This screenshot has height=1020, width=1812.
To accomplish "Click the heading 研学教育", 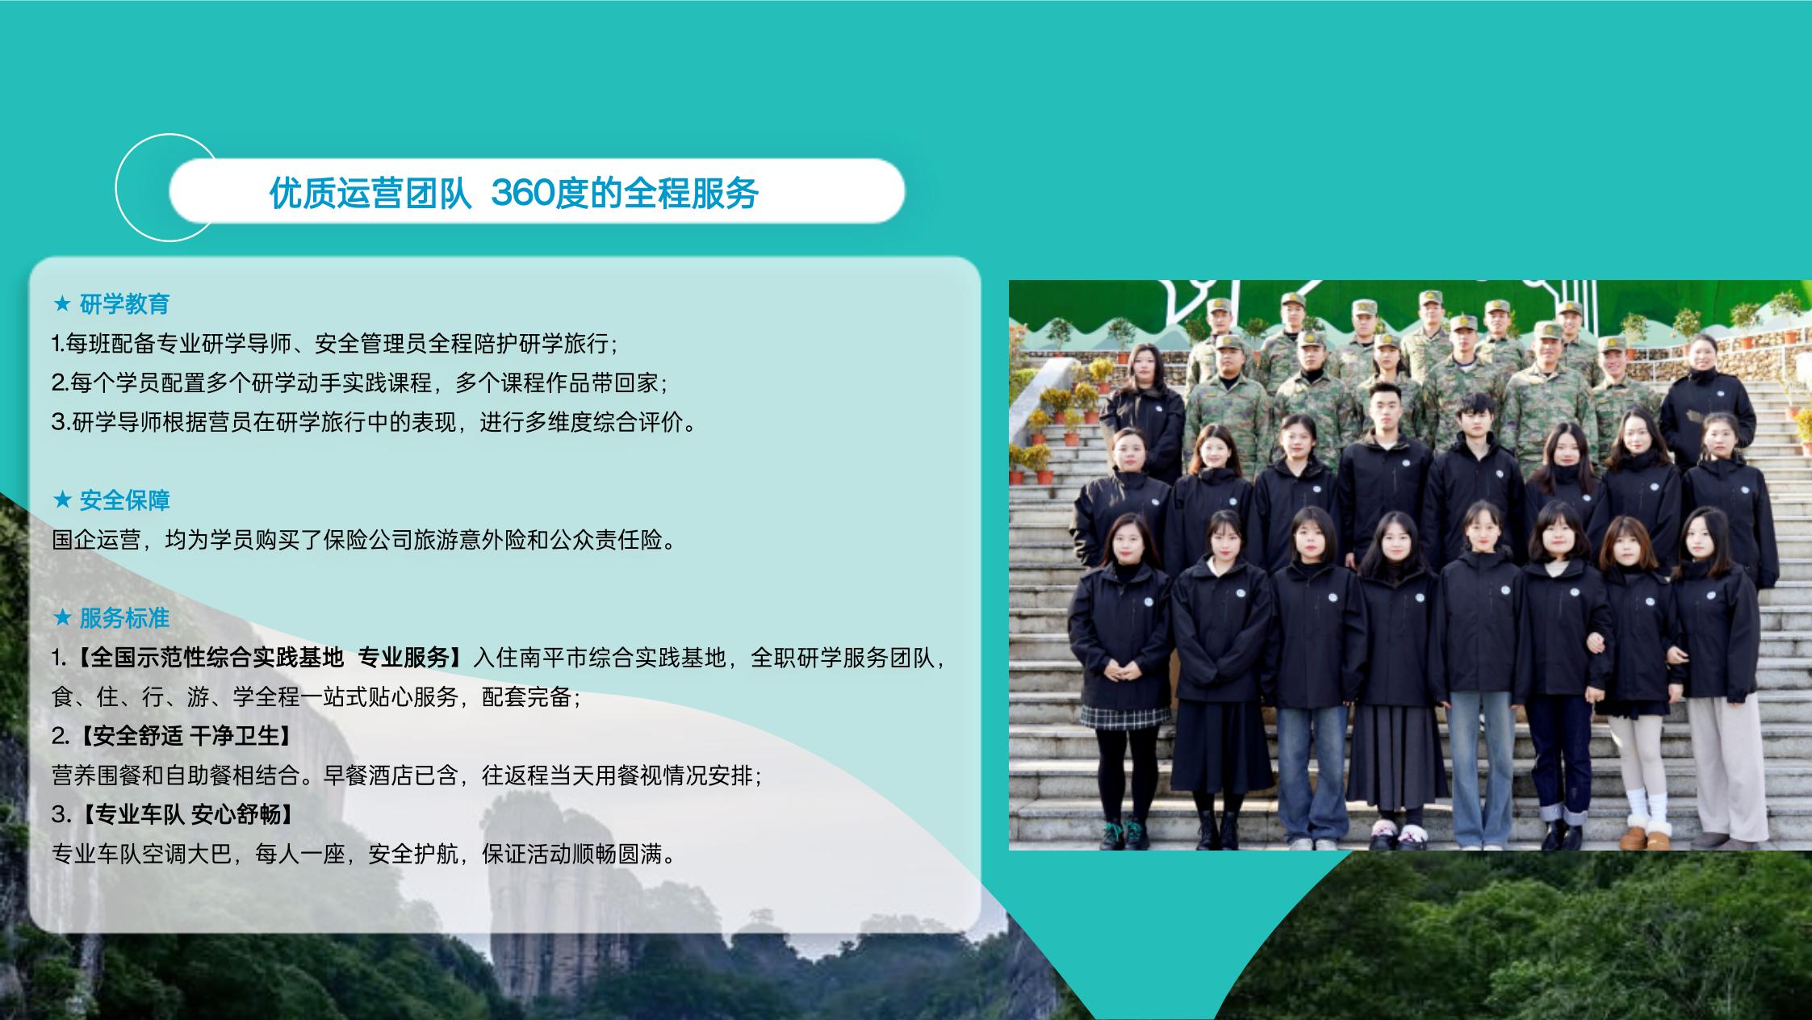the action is coord(124,304).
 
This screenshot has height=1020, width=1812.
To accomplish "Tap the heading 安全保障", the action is coord(124,500).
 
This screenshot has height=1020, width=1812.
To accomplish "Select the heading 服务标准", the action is coord(124,618).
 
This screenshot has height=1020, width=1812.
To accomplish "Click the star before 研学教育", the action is coord(62,304).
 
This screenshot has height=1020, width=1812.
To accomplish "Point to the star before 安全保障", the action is coord(62,500).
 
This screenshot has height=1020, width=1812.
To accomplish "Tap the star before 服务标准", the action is coord(62,618).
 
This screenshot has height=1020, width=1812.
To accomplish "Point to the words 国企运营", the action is coord(96,540).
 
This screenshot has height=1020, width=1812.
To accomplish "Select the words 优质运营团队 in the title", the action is coord(370,193).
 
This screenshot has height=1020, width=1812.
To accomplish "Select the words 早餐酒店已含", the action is coord(391,775).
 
